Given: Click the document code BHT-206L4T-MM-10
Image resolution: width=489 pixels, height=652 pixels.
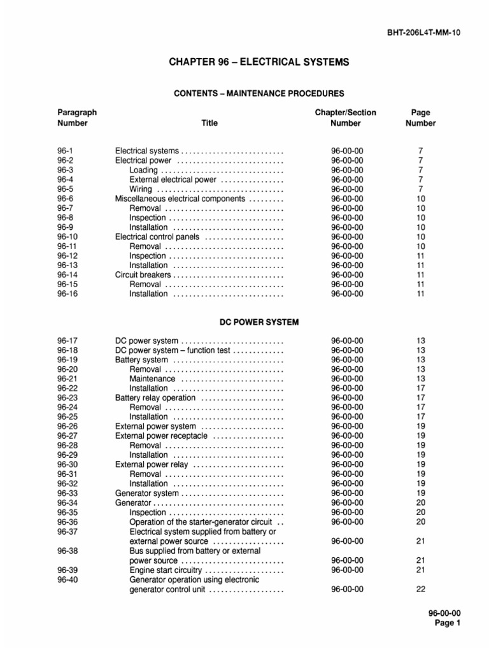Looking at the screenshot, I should [x=423, y=32].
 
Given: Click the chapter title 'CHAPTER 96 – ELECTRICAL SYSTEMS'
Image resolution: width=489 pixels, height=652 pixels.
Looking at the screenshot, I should [x=259, y=62].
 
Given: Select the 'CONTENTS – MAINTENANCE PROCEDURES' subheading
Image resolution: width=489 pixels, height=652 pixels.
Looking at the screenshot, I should [x=259, y=94].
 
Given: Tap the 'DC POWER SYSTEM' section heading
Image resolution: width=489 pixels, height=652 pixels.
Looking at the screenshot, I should [x=259, y=323].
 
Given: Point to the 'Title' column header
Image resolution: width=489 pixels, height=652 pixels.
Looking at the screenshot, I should [x=209, y=123].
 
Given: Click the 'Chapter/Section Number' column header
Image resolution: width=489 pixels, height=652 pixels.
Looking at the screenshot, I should [x=346, y=118].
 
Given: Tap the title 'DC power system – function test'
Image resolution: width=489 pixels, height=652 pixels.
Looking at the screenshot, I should [x=173, y=350].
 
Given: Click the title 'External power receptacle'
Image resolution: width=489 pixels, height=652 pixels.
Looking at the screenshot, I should [x=161, y=436].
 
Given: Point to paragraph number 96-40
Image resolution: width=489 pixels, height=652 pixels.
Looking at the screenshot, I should [x=67, y=579].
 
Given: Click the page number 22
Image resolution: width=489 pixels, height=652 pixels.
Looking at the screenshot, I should [x=420, y=589].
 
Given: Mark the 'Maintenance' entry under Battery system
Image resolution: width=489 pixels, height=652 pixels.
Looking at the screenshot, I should [x=152, y=379].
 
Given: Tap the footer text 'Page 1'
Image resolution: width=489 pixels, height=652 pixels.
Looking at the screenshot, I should [x=447, y=623].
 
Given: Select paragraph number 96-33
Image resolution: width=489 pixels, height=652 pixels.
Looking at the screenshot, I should [x=67, y=493].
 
